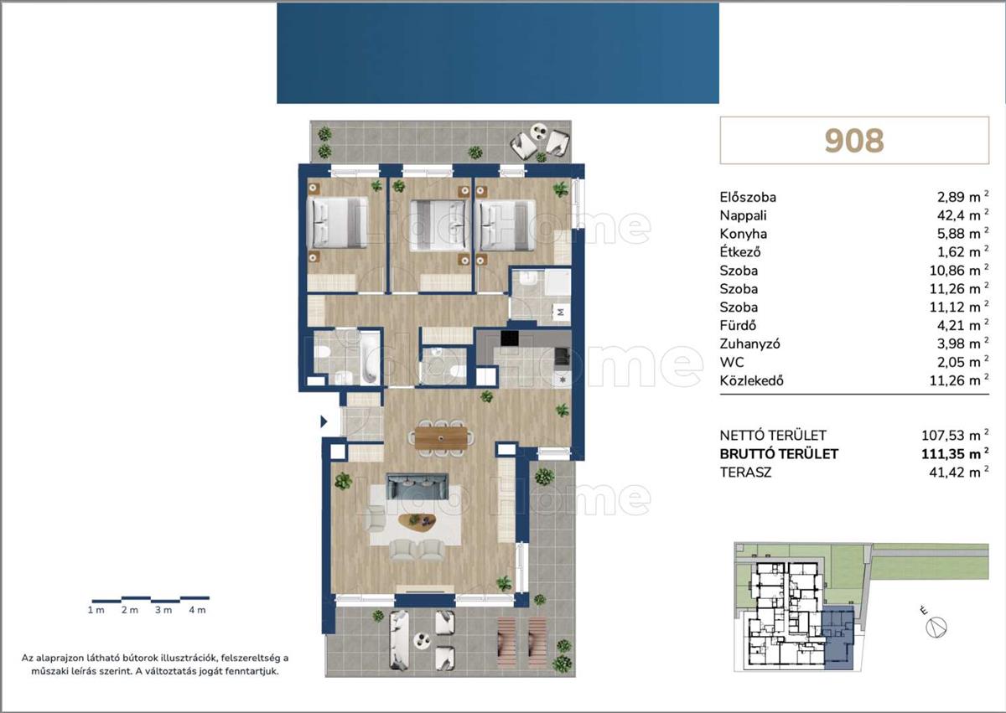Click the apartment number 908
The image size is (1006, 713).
tap(854, 141)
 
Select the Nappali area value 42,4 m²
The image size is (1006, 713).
tap(963, 214)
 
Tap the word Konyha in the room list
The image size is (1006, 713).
tap(744, 234)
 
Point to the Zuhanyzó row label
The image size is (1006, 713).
tap(749, 344)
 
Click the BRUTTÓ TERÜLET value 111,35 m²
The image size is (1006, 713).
tap(955, 453)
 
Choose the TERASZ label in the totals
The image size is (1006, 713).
tap(745, 473)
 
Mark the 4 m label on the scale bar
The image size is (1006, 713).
tap(197, 610)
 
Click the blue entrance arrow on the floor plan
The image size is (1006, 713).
tap(324, 421)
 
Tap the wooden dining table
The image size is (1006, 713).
tap(441, 438)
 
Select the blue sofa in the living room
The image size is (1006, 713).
tap(417, 486)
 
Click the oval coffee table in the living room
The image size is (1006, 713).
tap(417, 520)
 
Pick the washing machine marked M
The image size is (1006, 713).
tap(561, 313)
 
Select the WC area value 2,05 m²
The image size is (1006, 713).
tap(963, 362)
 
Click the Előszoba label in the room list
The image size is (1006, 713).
tap(748, 197)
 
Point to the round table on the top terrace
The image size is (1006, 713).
tap(538, 132)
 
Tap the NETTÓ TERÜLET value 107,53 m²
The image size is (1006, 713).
tap(955, 435)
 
